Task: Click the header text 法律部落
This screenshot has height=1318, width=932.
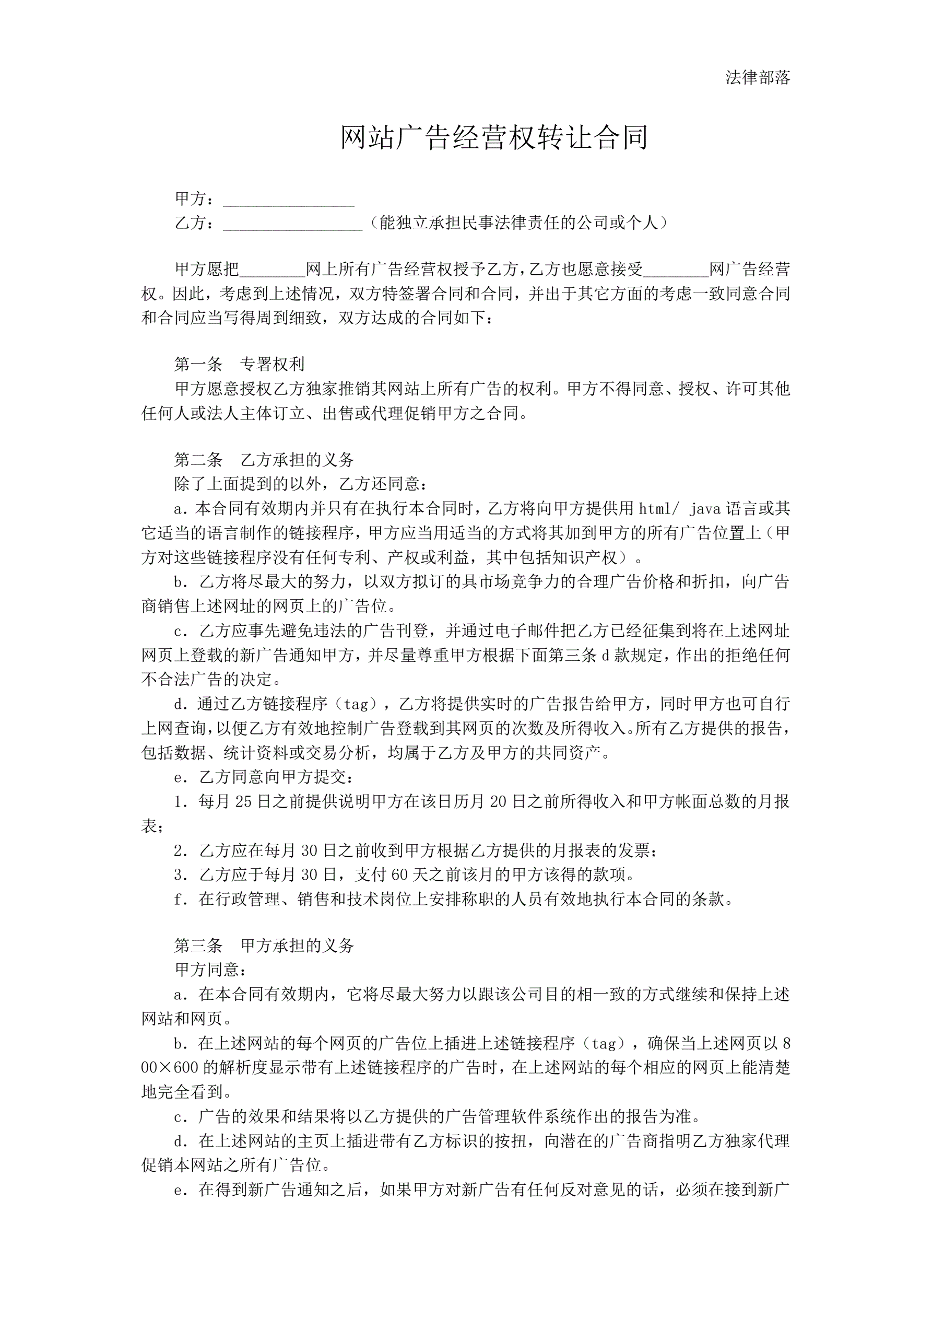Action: click(x=758, y=77)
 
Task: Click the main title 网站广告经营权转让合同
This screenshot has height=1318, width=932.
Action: click(x=494, y=138)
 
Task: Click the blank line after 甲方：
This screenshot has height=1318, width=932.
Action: click(x=288, y=201)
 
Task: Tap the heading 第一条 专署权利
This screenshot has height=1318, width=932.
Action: click(x=239, y=364)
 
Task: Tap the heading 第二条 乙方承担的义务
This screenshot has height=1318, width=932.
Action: click(x=264, y=459)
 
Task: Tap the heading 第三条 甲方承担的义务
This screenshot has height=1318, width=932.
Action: click(x=264, y=946)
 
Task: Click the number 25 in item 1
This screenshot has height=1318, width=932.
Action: click(x=243, y=801)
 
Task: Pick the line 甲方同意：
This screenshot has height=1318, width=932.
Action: click(x=211, y=970)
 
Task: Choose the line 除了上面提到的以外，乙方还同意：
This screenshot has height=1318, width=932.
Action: click(x=301, y=484)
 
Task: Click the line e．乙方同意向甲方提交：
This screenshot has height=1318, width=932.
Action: click(x=264, y=777)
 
